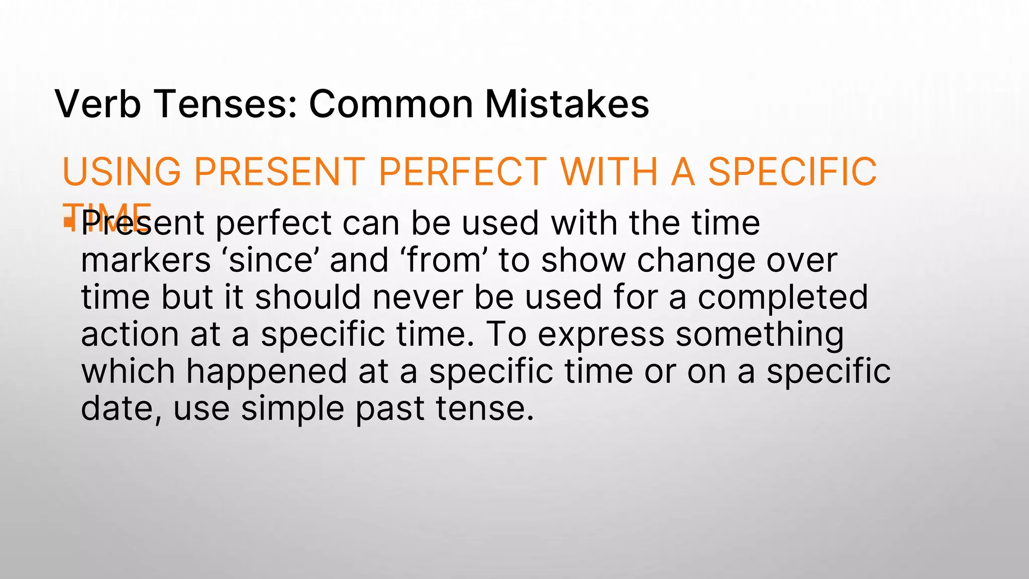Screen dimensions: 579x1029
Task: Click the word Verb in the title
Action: [x=98, y=104]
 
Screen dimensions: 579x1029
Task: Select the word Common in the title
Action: [x=391, y=104]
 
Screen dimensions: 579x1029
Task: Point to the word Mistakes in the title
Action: [x=567, y=104]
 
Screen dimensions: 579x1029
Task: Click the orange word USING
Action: [x=121, y=172]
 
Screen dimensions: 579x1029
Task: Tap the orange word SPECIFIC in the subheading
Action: [x=792, y=172]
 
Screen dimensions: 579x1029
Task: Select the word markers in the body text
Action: [x=146, y=260]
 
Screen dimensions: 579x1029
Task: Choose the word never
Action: [x=418, y=297]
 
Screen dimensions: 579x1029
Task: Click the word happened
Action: [x=266, y=372]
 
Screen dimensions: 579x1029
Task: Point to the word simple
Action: [x=293, y=409]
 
